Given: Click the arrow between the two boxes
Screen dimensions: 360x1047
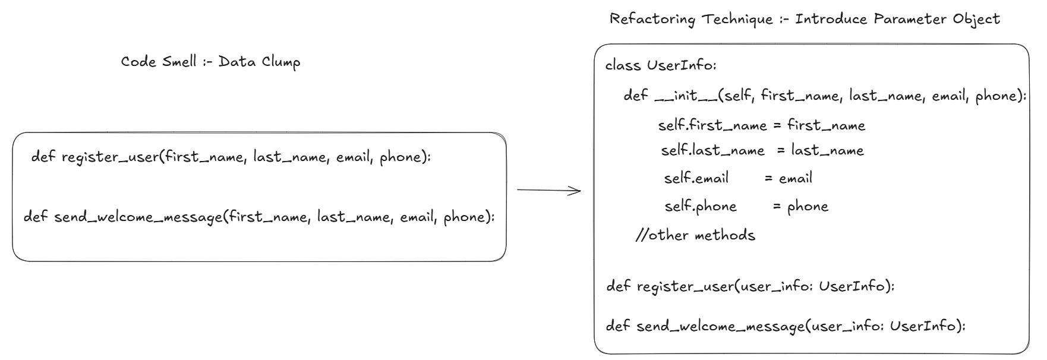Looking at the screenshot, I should pyautogui.click(x=548, y=190).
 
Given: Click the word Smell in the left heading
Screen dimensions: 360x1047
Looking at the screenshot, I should pyautogui.click(x=179, y=62).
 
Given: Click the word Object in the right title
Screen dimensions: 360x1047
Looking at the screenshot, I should pyautogui.click(x=976, y=19).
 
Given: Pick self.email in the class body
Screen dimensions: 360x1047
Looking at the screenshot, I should pyautogui.click(x=696, y=178).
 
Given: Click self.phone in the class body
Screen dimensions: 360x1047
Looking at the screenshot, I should pyautogui.click(x=700, y=207).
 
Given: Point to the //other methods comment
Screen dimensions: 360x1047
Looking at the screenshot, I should pyautogui.click(x=695, y=235).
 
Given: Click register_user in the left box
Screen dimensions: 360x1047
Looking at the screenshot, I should pyautogui.click(x=111, y=157).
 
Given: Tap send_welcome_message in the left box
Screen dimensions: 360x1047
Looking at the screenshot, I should pyautogui.click(x=138, y=217).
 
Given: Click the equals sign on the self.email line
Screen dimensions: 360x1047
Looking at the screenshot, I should pyautogui.click(x=768, y=178).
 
